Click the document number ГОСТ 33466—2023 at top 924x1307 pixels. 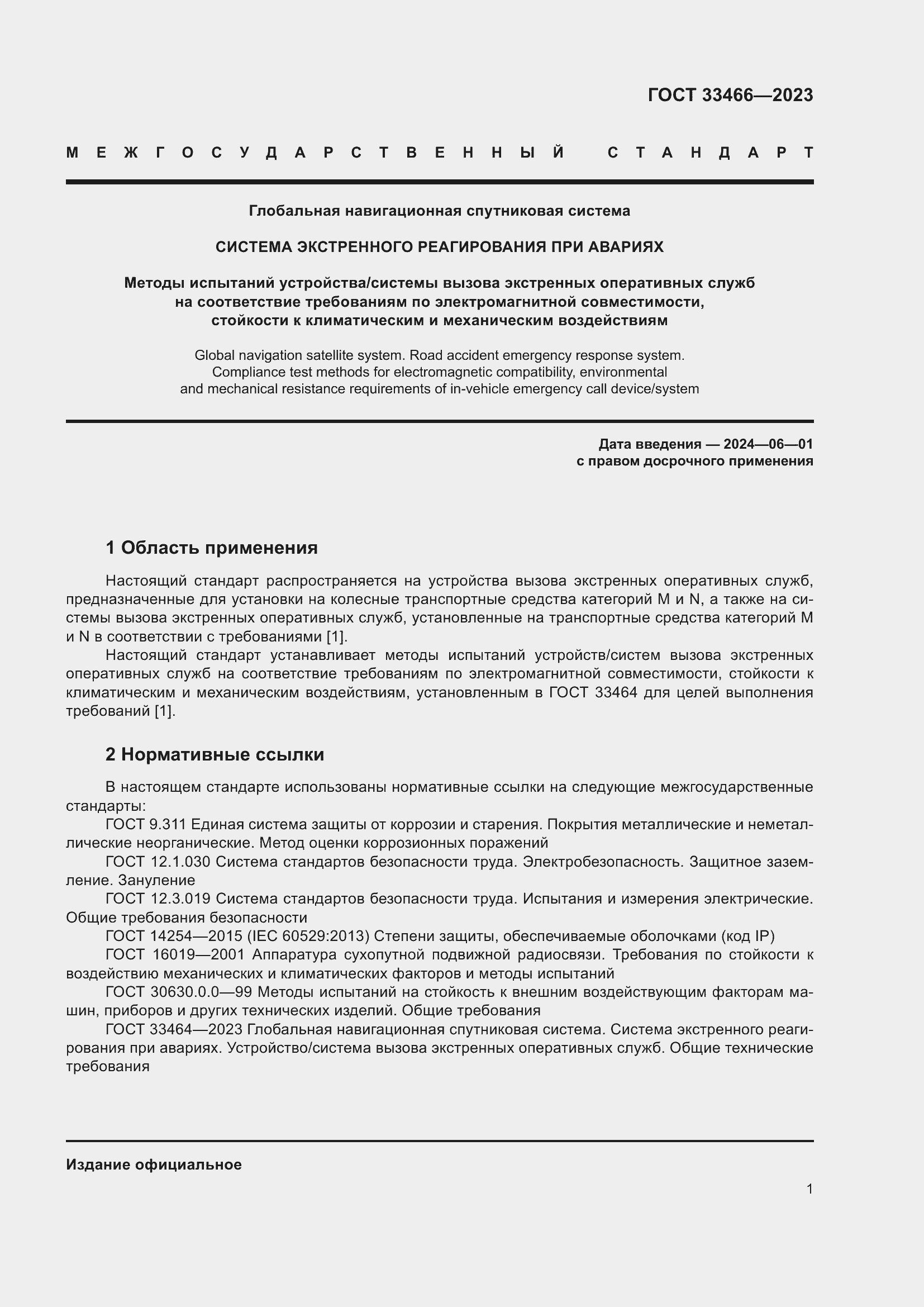point(730,95)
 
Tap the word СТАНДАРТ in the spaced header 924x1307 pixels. point(710,153)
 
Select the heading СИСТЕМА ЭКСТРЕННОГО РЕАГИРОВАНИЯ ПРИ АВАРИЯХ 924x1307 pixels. point(439,247)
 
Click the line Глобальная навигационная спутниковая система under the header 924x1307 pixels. point(439,211)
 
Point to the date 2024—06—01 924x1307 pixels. point(768,444)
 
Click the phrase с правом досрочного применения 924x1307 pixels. point(694,461)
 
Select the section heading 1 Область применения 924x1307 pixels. point(211,548)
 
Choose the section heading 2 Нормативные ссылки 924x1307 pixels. point(215,754)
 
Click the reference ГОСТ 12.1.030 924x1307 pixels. point(158,862)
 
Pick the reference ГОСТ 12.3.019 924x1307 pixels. point(158,899)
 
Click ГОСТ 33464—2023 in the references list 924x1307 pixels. point(174,1030)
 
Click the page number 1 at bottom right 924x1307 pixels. point(809,1189)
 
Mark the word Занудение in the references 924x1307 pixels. point(156,881)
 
